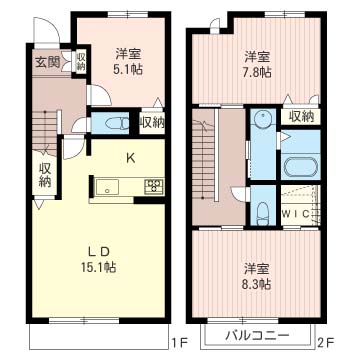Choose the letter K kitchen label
129,156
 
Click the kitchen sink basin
107,186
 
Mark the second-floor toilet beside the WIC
263,213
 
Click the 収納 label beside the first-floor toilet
151,123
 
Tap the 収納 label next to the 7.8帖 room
301,117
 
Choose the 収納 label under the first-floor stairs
45,176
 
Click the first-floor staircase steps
45,126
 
